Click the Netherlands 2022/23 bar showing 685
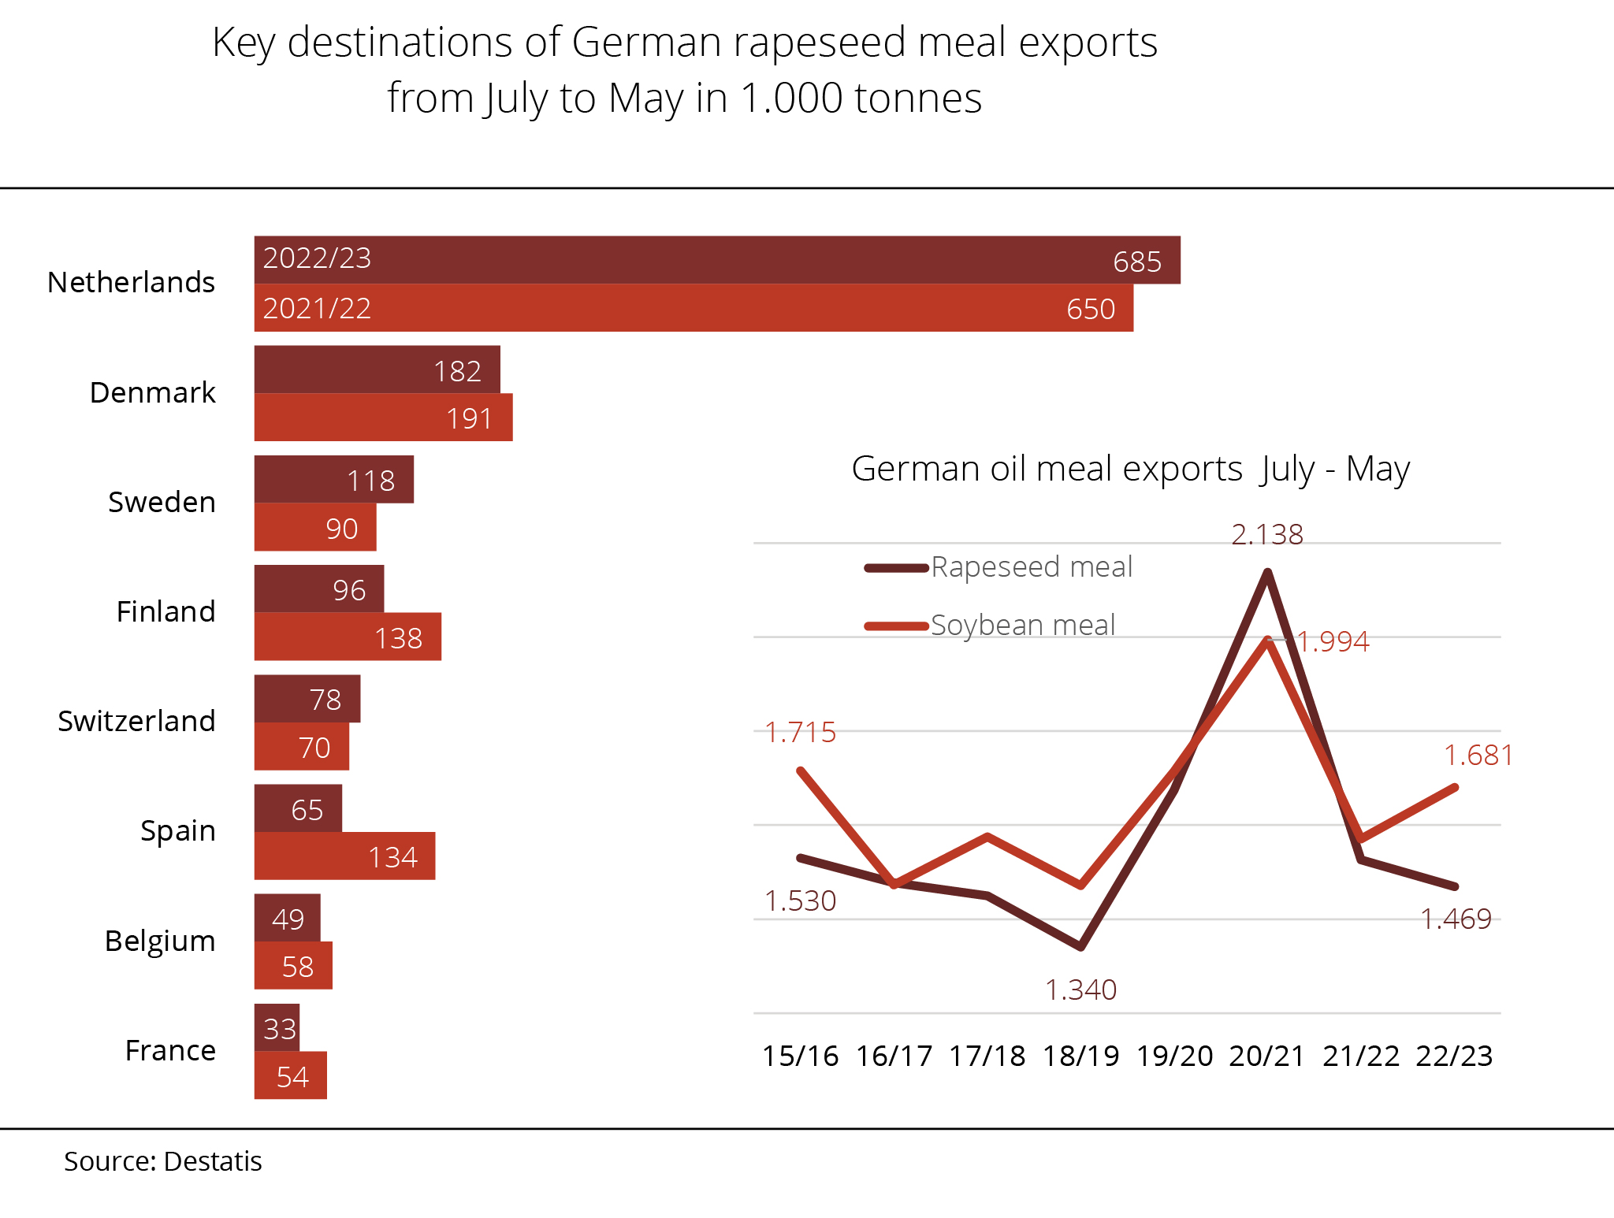(x=717, y=260)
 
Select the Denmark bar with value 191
(x=383, y=418)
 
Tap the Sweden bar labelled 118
(x=333, y=480)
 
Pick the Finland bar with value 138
(x=348, y=637)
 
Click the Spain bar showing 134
(x=344, y=856)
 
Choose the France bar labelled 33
(x=277, y=1027)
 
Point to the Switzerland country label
(x=136, y=721)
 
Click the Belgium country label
(x=160, y=941)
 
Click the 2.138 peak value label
(x=1267, y=535)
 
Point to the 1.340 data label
(x=1080, y=990)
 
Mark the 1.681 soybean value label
(x=1478, y=756)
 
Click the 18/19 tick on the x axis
(x=1080, y=1056)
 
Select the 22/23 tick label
(x=1454, y=1056)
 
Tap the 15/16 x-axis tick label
(x=800, y=1056)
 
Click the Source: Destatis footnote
(x=162, y=1161)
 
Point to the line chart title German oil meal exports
(x=1130, y=469)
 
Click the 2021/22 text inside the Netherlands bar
(x=317, y=308)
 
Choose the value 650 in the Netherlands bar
(x=1091, y=309)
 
